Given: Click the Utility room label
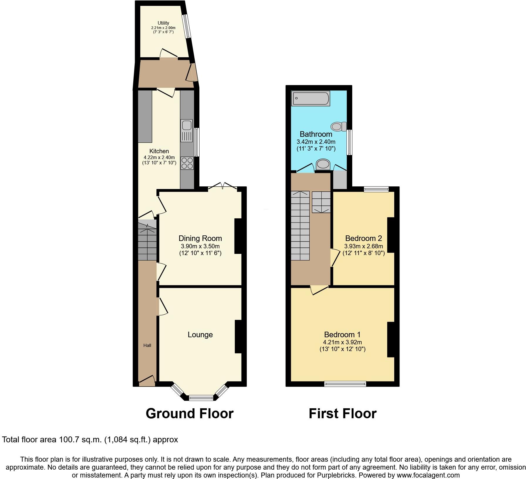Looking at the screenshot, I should click(x=163, y=23).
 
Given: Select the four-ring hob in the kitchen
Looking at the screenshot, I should click(x=187, y=163).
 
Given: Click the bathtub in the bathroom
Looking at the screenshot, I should click(x=311, y=98).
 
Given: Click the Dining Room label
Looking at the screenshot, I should click(x=200, y=238).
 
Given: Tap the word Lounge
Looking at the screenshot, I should click(x=200, y=335).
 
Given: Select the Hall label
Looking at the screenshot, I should click(x=147, y=345).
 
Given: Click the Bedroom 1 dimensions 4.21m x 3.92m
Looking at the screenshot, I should click(x=342, y=342).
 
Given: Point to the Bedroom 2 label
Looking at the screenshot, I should click(x=363, y=238).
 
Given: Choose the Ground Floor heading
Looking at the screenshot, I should click(x=190, y=414).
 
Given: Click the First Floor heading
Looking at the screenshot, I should click(x=343, y=414).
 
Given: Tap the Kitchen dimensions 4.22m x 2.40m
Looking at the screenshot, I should click(x=159, y=157).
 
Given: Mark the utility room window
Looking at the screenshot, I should click(x=186, y=26).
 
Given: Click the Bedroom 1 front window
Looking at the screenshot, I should click(x=345, y=384).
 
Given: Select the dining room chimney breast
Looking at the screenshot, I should click(x=238, y=236).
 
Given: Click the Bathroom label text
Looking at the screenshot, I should click(x=316, y=134).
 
